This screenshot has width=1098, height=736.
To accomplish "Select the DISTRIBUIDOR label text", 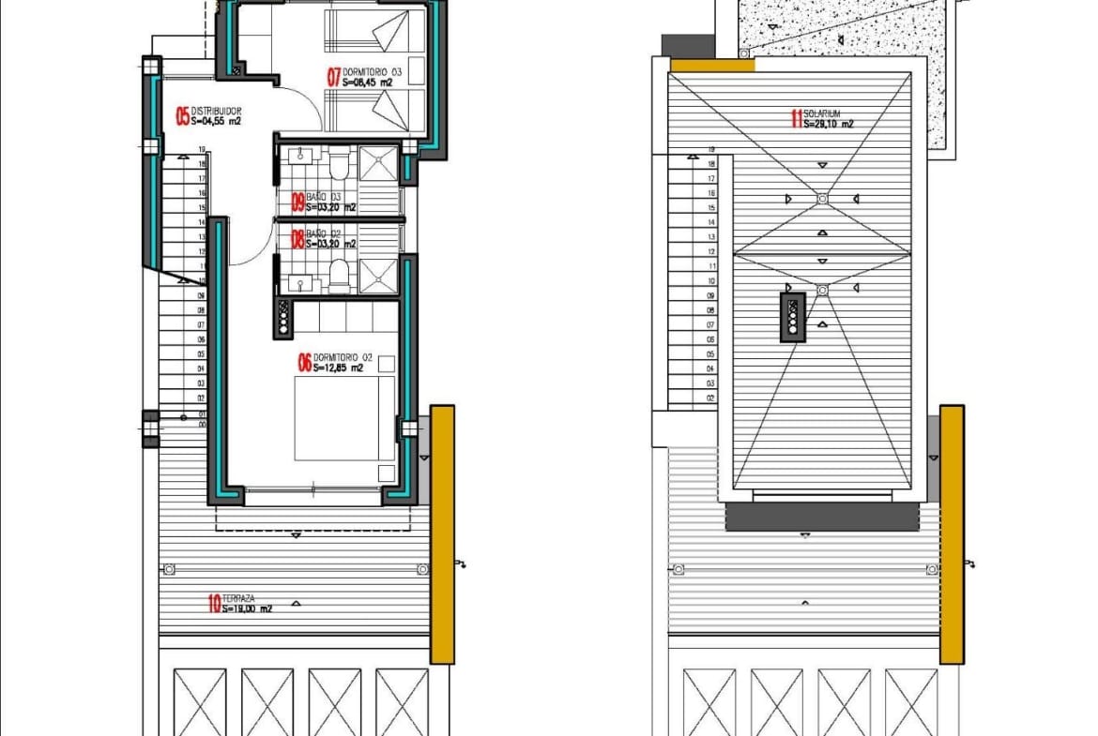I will [x=218, y=111].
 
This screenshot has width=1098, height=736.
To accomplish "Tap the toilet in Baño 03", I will [x=339, y=166].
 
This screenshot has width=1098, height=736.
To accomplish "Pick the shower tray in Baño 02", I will [x=378, y=276].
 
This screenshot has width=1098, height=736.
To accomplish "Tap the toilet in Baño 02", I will [x=339, y=275].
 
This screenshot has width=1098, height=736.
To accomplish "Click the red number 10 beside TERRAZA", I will [x=214, y=604].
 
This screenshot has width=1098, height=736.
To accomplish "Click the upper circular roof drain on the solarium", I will [x=822, y=199].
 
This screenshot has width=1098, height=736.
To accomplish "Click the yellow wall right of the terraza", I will [x=443, y=534].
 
